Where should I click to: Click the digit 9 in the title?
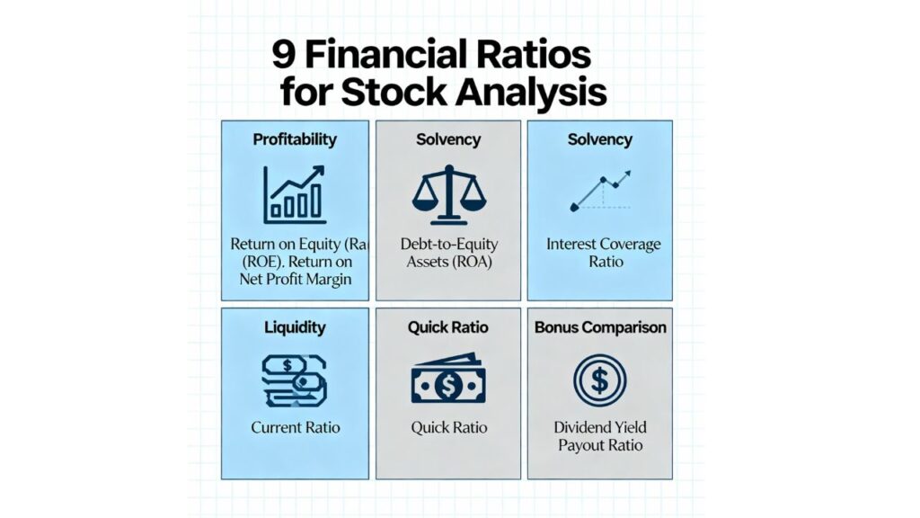point(284,56)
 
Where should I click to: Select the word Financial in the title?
point(395,56)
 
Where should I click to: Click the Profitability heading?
point(295,139)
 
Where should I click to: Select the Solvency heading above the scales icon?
point(447,139)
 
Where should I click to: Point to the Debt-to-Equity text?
point(447,244)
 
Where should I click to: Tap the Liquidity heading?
point(295,327)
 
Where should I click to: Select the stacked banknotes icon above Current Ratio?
point(295,380)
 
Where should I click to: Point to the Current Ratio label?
point(295,427)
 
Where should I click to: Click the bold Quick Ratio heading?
point(447,327)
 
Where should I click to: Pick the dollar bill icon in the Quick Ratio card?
point(447,381)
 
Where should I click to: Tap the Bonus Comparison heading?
point(600,327)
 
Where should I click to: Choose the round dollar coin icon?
point(600,380)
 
